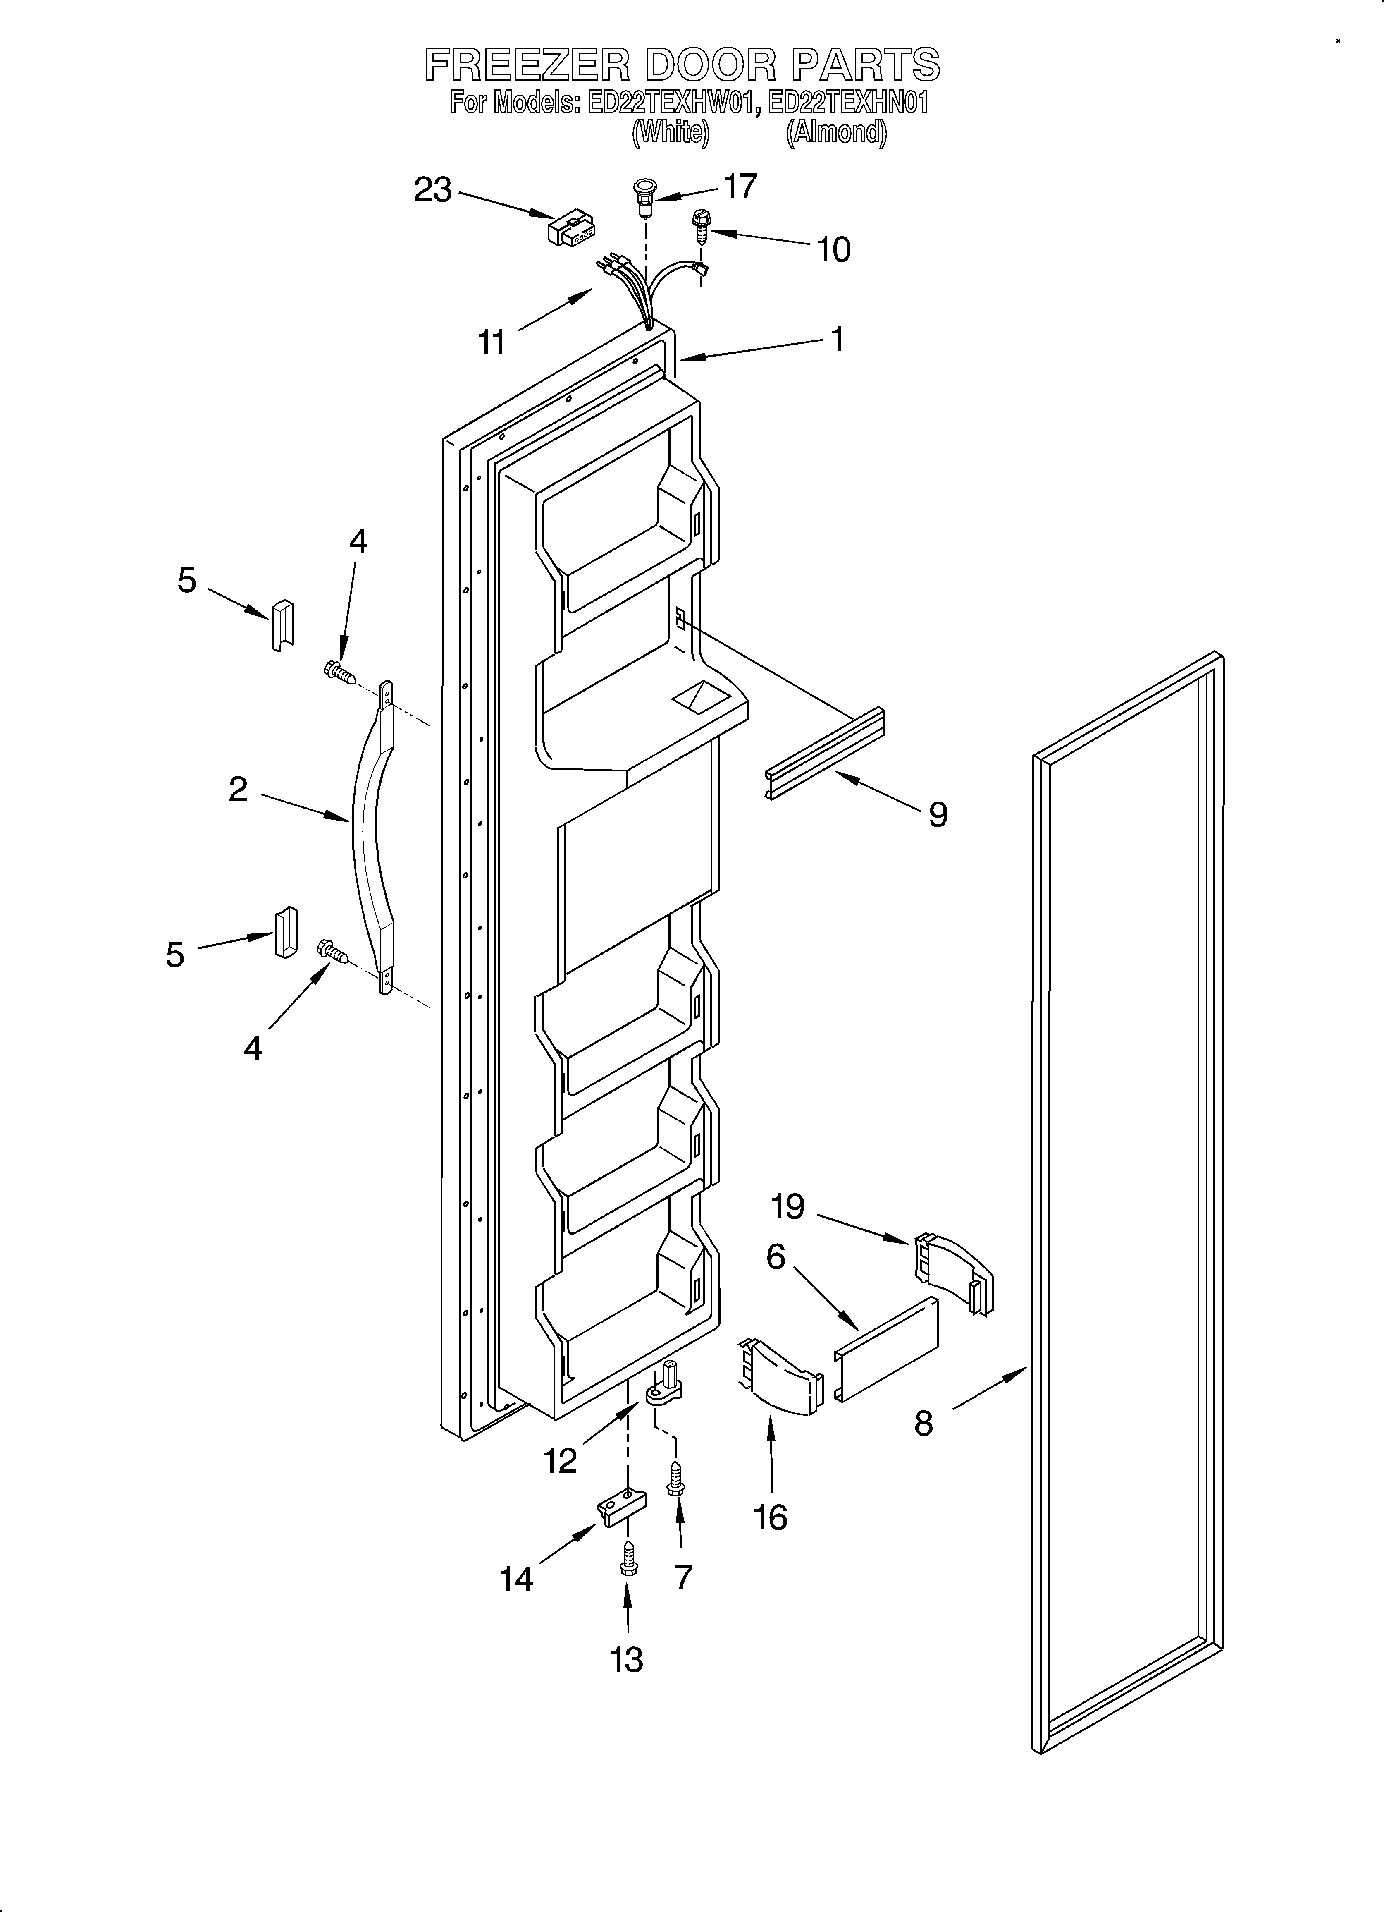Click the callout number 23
[432, 191]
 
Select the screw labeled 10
[700, 223]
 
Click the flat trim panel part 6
[887, 1349]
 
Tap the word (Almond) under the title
[835, 132]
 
